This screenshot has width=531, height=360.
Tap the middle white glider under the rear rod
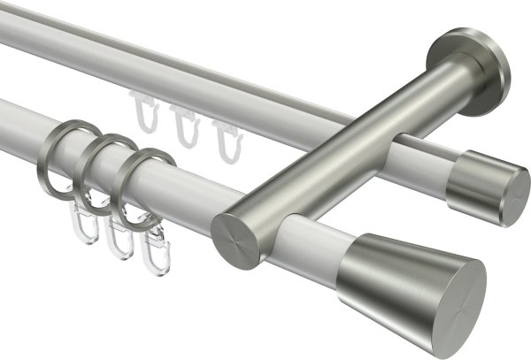pos(183,125)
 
